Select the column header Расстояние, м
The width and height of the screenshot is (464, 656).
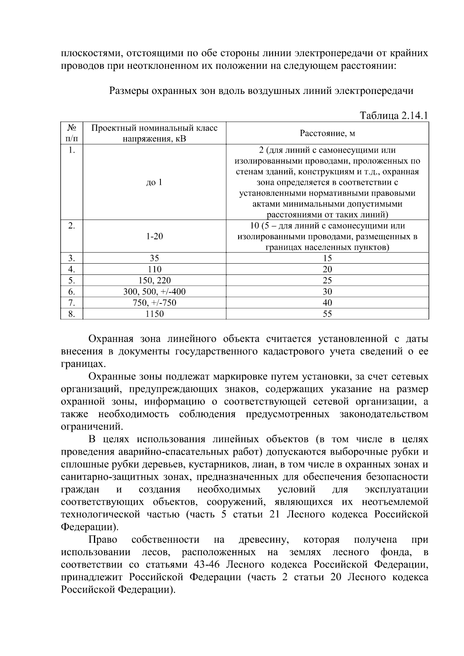(327, 133)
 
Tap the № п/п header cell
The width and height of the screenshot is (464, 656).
(72, 133)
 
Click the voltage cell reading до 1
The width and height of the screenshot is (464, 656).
(154, 182)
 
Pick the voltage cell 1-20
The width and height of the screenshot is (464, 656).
(154, 236)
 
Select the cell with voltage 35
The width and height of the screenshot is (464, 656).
(154, 258)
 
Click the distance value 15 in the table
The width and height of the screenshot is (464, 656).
(327, 258)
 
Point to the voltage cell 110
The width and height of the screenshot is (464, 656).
(154, 269)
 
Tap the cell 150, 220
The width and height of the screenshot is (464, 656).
(154, 280)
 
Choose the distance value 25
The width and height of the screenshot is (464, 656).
(327, 280)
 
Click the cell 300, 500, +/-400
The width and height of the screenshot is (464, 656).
(154, 291)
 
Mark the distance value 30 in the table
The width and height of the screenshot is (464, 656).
(327, 291)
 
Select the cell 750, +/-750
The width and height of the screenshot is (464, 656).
(154, 303)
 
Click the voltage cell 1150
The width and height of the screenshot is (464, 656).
(154, 314)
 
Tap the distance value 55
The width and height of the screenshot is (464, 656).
(327, 314)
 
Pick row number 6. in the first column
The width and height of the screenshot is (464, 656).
(72, 291)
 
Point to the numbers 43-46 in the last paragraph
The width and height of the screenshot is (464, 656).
(206, 564)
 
